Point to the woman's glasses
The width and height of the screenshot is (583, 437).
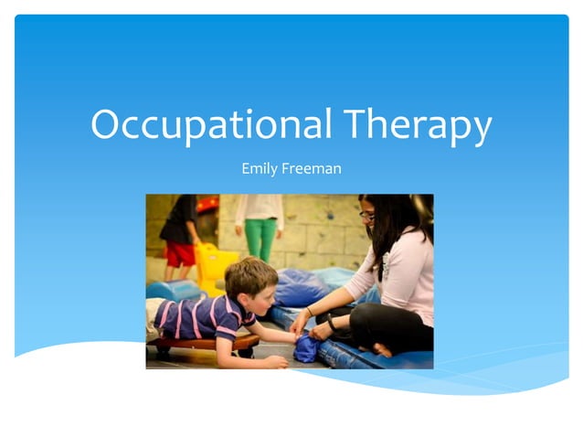pyautogui.click(x=367, y=216)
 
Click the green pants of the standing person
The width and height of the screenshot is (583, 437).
pyautogui.click(x=260, y=238)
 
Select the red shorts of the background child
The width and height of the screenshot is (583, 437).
pyautogui.click(x=179, y=253)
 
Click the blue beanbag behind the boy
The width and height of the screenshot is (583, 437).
pyautogui.click(x=302, y=287)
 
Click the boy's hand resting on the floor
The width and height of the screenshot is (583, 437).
pyautogui.click(x=273, y=362)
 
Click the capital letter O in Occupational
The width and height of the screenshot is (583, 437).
pyautogui.click(x=107, y=124)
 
